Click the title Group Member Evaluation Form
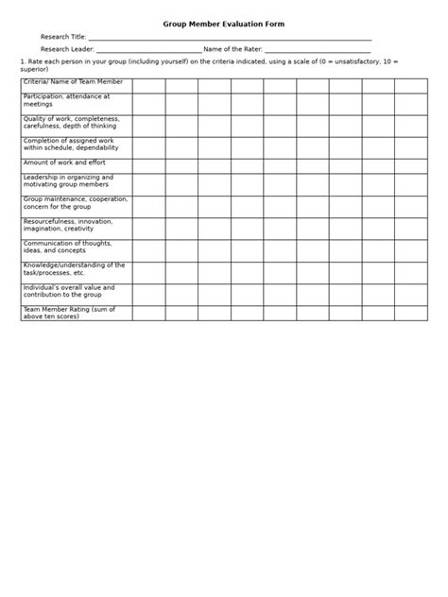(223, 24)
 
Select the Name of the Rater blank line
(317, 50)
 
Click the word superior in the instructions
(34, 69)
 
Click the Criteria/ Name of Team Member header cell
(73, 83)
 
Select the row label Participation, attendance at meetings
(66, 100)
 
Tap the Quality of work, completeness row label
(71, 122)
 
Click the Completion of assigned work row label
(71, 145)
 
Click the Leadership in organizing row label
(68, 181)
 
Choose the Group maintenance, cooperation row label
(76, 203)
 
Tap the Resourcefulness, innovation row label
(67, 225)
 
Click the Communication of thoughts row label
(66, 247)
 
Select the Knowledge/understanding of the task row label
(74, 269)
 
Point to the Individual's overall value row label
(69, 291)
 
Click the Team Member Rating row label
(69, 312)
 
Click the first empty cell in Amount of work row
(148, 165)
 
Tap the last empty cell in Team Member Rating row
(410, 313)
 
